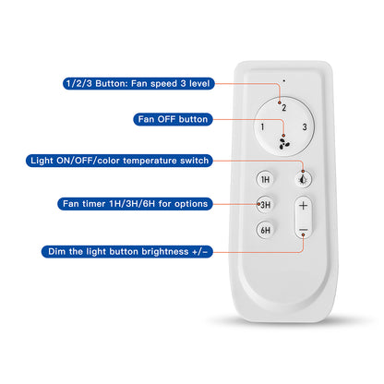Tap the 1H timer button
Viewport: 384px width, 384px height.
[x=265, y=179]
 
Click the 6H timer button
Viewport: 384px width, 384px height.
[x=265, y=230]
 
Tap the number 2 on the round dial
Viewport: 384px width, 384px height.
[x=284, y=108]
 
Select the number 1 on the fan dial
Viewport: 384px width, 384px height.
[x=262, y=126]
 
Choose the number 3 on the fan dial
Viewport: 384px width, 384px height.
[x=305, y=126]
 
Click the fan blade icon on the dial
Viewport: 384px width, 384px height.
[x=284, y=144]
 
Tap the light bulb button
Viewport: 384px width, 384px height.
[x=303, y=179]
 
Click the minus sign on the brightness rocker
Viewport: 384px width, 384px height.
[x=304, y=230]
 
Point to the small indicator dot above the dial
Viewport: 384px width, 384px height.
[x=284, y=81]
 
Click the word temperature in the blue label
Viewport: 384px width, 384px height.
[x=150, y=161]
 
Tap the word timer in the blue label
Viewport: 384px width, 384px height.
[x=94, y=204]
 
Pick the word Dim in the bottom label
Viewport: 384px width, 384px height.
[x=57, y=252]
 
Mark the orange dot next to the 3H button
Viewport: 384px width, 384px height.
[x=258, y=204]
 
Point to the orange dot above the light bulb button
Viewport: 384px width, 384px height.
[x=303, y=171]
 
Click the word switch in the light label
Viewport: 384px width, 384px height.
[x=195, y=161]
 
